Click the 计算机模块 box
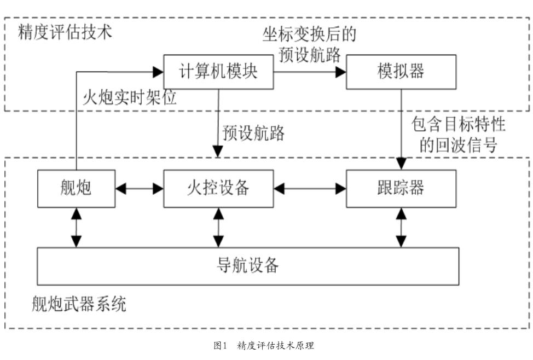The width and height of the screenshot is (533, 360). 218,72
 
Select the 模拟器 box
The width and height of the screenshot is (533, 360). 401,72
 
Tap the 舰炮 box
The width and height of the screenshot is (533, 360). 76,189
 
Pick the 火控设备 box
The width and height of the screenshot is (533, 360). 218,189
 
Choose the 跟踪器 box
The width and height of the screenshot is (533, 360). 401,189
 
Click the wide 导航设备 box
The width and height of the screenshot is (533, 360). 248,266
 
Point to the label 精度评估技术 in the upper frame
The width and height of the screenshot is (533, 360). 65,32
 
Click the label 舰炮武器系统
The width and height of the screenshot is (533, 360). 79,304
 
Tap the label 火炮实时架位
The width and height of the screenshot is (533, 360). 130,97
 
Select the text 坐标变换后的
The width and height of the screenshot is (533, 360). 309,34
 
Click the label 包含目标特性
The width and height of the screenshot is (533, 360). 458,124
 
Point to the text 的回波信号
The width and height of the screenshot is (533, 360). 458,145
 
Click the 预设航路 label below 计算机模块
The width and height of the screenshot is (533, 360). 253,133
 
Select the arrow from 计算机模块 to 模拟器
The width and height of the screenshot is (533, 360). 310,72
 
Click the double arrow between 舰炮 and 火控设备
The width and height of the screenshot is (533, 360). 140,189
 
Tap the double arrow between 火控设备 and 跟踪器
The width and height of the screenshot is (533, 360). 310,189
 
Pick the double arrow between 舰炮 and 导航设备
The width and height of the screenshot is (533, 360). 77,228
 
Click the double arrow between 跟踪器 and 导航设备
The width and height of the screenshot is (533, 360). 402,228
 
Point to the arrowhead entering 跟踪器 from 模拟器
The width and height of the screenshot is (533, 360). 402,164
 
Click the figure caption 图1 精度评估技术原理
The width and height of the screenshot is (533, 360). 264,346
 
